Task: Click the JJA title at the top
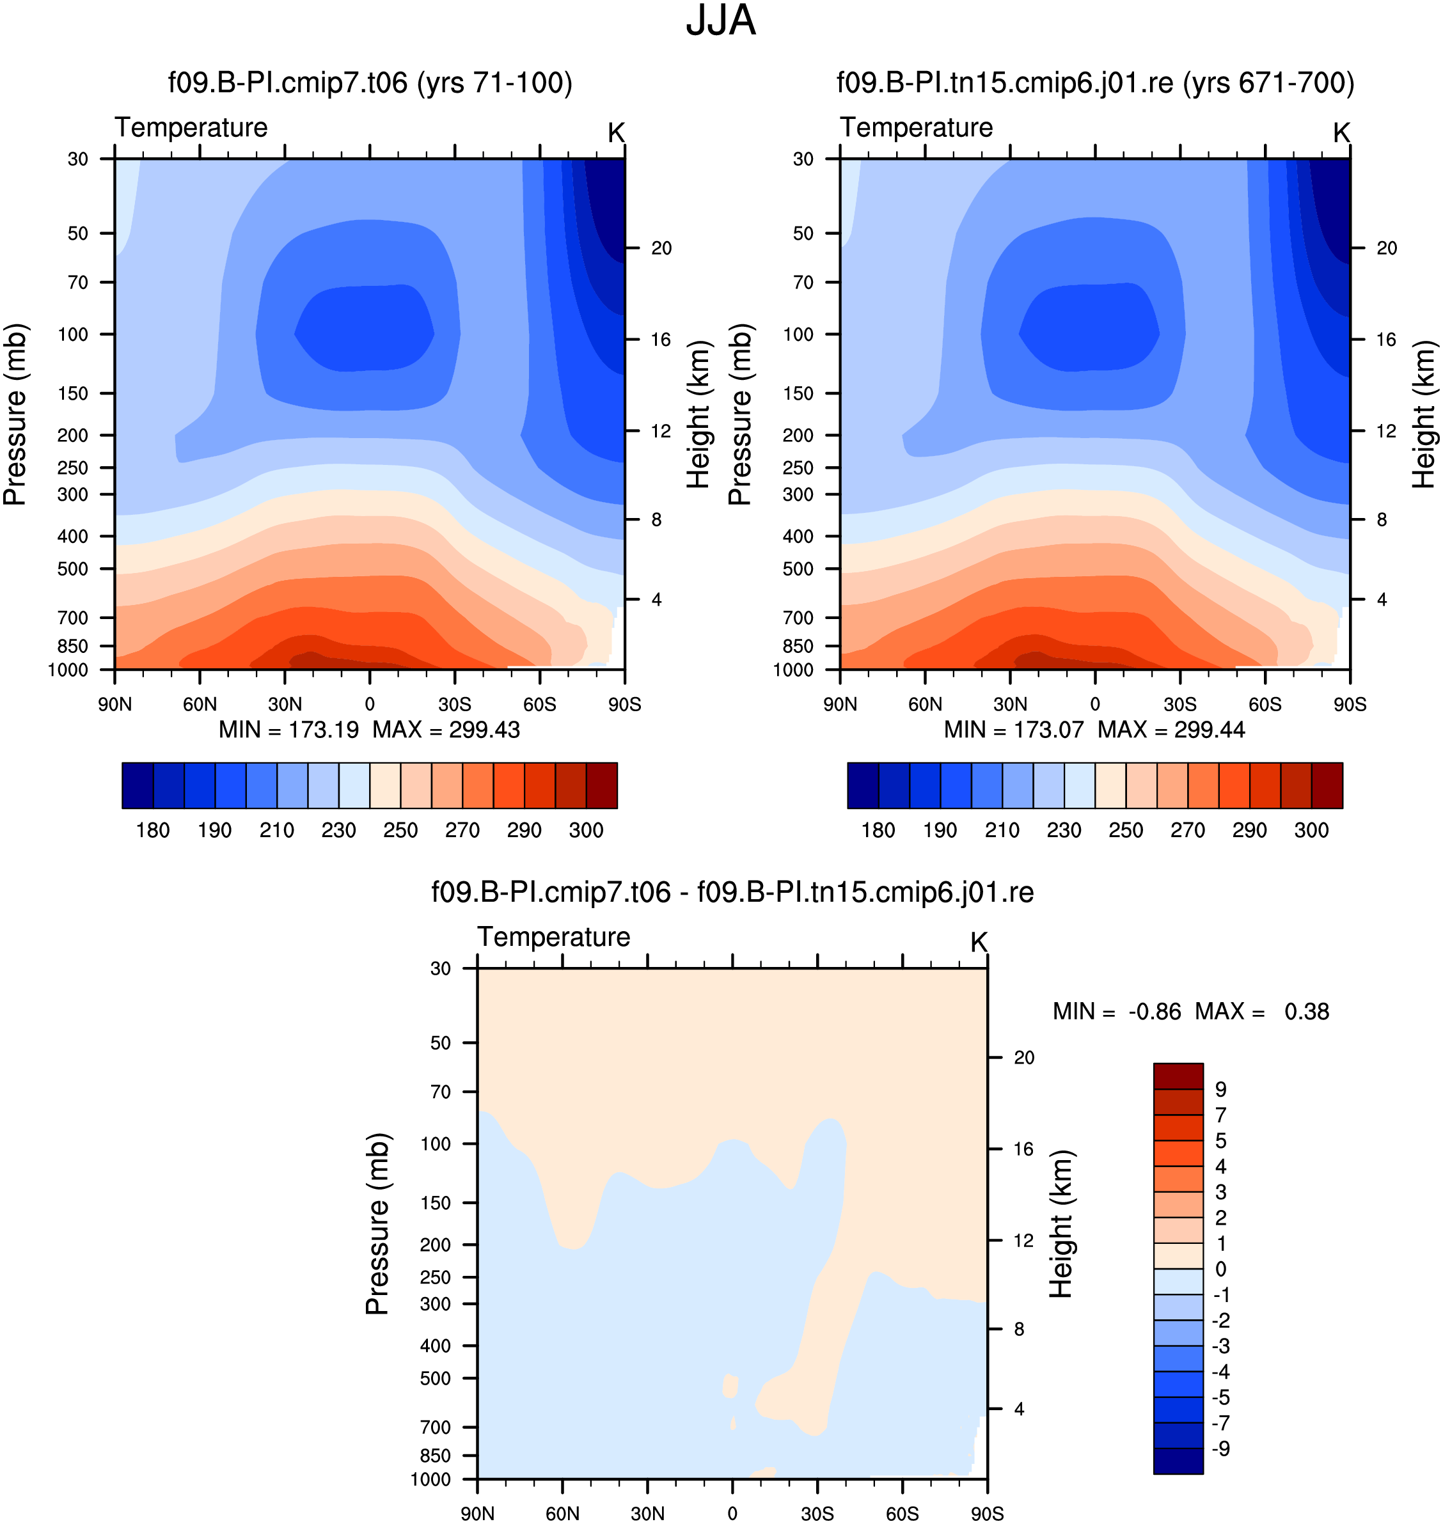721,20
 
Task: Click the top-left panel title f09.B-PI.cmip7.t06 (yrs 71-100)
370,83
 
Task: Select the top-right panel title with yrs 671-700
1095,83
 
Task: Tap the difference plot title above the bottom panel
732,892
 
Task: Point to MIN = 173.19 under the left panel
288,730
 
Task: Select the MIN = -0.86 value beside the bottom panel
1116,1011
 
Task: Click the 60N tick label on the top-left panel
200,704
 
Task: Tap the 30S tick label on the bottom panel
817,1513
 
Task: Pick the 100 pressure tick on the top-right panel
798,334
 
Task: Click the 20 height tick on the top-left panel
661,248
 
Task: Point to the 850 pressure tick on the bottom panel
436,1456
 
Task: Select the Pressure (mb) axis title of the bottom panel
377,1223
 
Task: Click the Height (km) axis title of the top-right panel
1424,414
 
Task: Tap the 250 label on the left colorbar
401,831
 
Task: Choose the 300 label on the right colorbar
1311,831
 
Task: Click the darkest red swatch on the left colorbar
601,785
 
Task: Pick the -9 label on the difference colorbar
1220,1449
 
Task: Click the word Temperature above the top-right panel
916,128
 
